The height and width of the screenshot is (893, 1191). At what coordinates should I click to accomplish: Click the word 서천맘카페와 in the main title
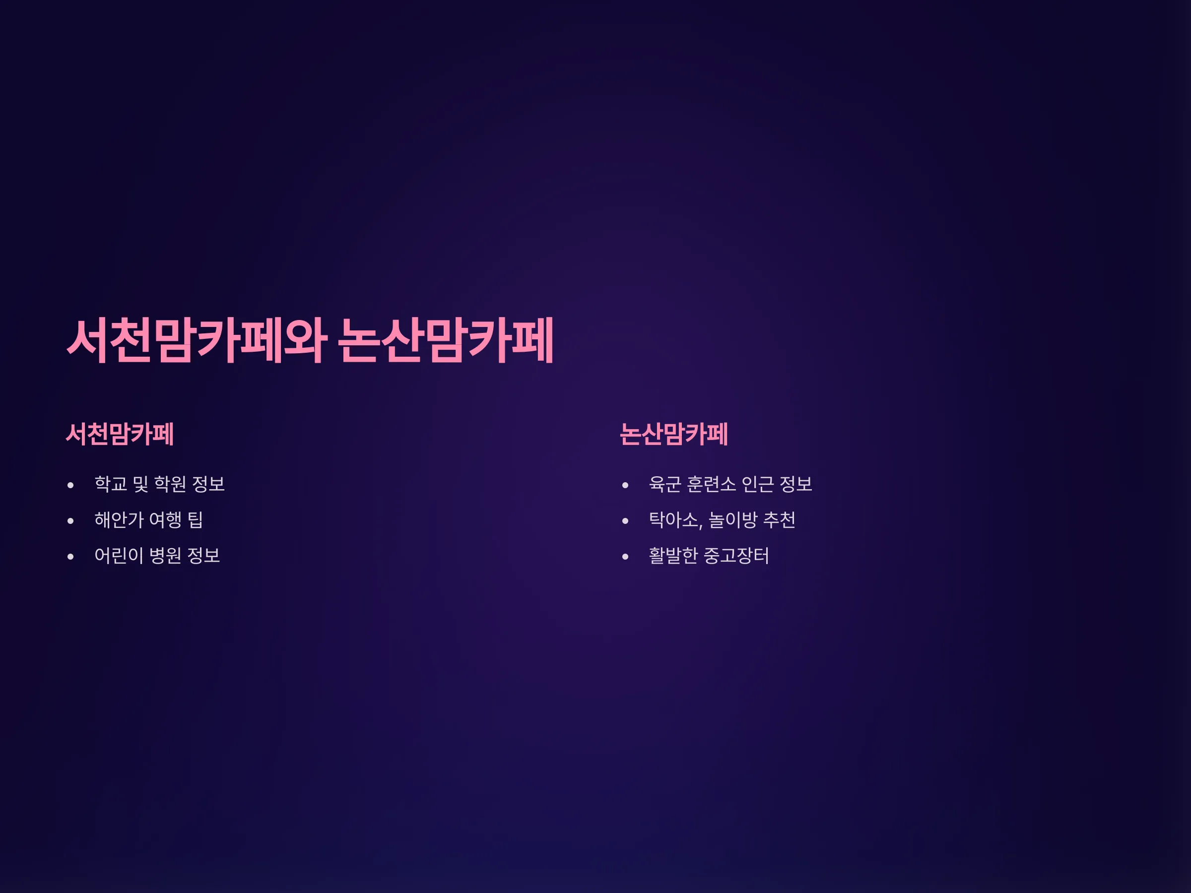(197, 340)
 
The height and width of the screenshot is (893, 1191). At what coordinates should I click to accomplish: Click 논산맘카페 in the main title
(446, 340)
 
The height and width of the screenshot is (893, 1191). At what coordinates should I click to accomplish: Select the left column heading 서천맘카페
(120, 434)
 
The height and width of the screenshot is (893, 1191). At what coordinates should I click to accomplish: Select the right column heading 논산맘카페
(673, 434)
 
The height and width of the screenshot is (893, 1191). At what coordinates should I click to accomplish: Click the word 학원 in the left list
(170, 484)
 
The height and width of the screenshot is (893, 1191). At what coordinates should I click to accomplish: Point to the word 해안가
(119, 519)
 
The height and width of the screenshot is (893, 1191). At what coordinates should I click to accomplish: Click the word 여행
(165, 519)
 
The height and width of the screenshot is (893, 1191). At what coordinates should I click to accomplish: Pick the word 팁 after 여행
(195, 519)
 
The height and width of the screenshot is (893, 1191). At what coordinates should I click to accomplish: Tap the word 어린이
(119, 556)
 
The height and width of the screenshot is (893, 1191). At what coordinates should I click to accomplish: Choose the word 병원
(165, 556)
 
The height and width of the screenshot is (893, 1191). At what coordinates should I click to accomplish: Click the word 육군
(665, 484)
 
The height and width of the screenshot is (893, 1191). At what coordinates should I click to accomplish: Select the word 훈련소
(711, 484)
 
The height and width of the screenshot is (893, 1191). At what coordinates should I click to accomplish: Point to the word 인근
(758, 484)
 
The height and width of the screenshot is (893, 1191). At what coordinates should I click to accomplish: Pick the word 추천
(780, 519)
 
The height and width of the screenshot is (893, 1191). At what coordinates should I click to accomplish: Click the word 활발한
(673, 556)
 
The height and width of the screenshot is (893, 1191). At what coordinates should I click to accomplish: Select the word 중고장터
(736, 556)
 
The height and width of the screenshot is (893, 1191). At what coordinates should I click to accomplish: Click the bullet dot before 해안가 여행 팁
(70, 521)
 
